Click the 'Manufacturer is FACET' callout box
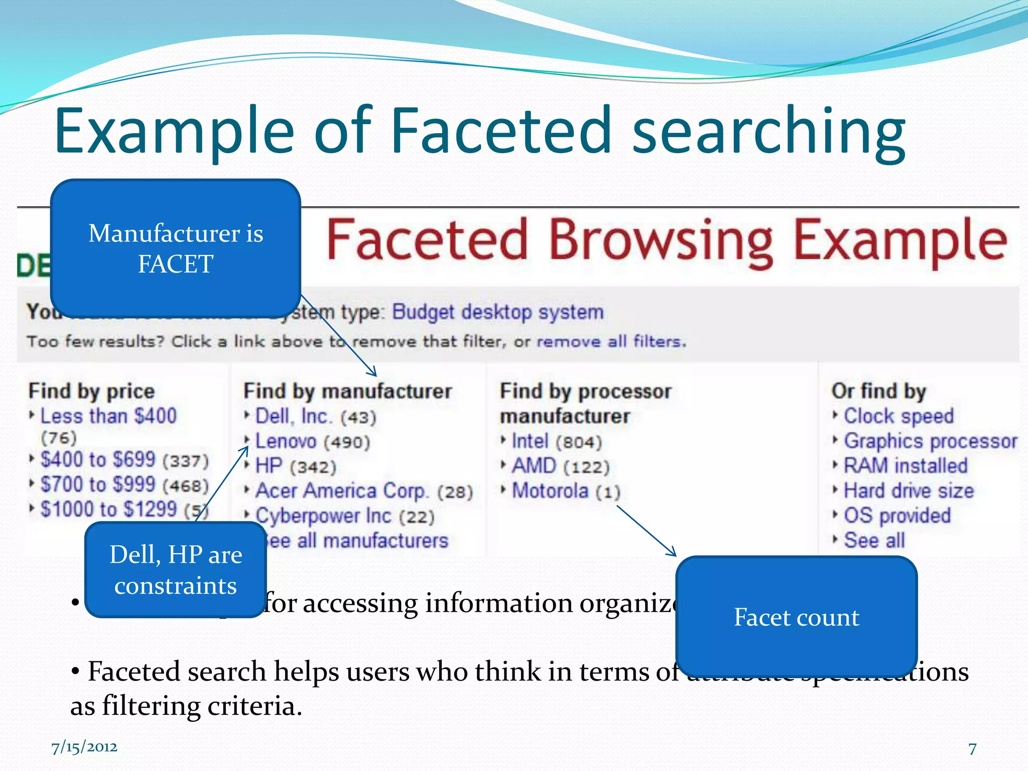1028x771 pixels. pyautogui.click(x=176, y=248)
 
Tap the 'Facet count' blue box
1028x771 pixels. pyautogui.click(x=797, y=617)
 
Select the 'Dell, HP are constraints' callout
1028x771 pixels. pyautogui.click(x=176, y=570)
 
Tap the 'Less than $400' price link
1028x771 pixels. pyautogui.click(x=108, y=416)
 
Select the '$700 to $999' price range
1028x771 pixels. pyautogui.click(x=98, y=485)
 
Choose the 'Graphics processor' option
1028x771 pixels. pyautogui.click(x=930, y=441)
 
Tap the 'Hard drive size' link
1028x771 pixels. pyautogui.click(x=909, y=491)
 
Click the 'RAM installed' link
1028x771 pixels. pyautogui.click(x=906, y=466)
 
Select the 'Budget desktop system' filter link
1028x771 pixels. pyautogui.click(x=497, y=312)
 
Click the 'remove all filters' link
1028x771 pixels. pyautogui.click(x=610, y=342)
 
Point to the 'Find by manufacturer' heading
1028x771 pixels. pyautogui.click(x=348, y=391)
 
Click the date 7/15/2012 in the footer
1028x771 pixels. pyautogui.click(x=84, y=747)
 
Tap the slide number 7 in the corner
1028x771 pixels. pyautogui.click(x=972, y=748)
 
